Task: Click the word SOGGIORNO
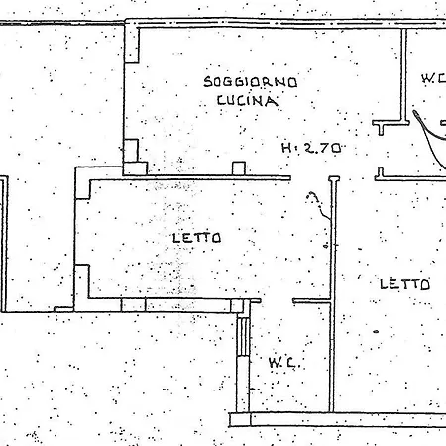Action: click(250, 82)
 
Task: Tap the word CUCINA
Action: click(247, 100)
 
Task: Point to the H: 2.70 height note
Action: click(311, 148)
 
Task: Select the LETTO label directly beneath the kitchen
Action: click(197, 238)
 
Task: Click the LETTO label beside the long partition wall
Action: click(404, 284)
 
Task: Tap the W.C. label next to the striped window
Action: click(281, 363)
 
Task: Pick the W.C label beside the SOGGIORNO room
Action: click(434, 78)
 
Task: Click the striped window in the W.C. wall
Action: click(244, 336)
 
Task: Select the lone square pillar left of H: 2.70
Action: click(239, 168)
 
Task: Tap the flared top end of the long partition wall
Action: click(334, 179)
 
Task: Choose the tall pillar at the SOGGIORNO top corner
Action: click(132, 44)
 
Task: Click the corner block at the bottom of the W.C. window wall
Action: click(240, 419)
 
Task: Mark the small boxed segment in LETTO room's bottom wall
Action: click(134, 305)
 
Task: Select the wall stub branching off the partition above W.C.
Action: click(312, 301)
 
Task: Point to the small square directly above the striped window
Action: click(237, 306)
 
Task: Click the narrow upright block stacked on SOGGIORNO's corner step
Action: click(131, 151)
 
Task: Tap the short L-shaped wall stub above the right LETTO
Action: click(380, 174)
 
